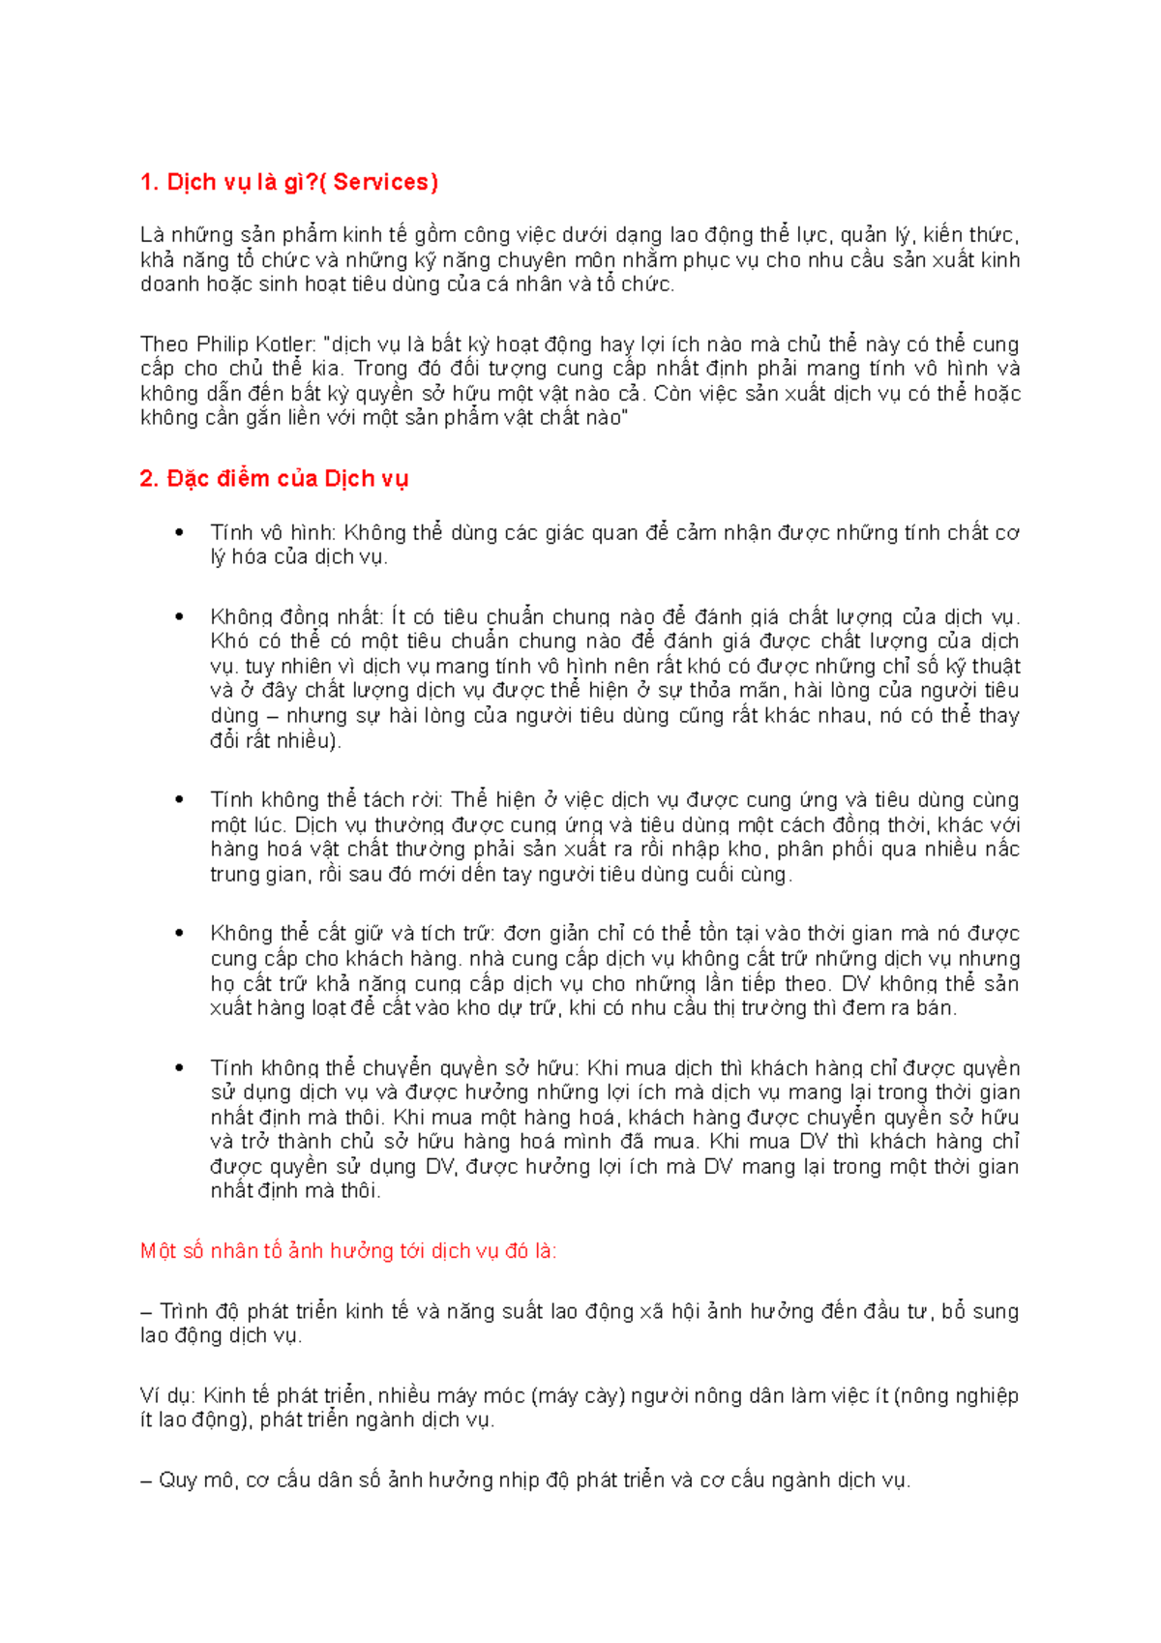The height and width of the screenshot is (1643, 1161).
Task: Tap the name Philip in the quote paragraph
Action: tap(223, 344)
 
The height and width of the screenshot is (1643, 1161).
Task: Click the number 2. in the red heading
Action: tap(149, 478)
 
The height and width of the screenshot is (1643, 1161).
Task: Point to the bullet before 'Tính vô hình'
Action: tap(179, 532)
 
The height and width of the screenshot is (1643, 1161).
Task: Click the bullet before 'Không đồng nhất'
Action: tap(179, 616)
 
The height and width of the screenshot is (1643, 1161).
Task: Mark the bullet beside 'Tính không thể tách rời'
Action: tap(179, 800)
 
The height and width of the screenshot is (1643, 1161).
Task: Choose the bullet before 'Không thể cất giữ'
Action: tap(179, 934)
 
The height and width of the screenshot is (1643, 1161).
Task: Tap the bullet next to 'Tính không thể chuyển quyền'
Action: tap(179, 1068)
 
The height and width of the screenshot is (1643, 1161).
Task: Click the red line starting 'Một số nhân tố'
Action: tap(348, 1251)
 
